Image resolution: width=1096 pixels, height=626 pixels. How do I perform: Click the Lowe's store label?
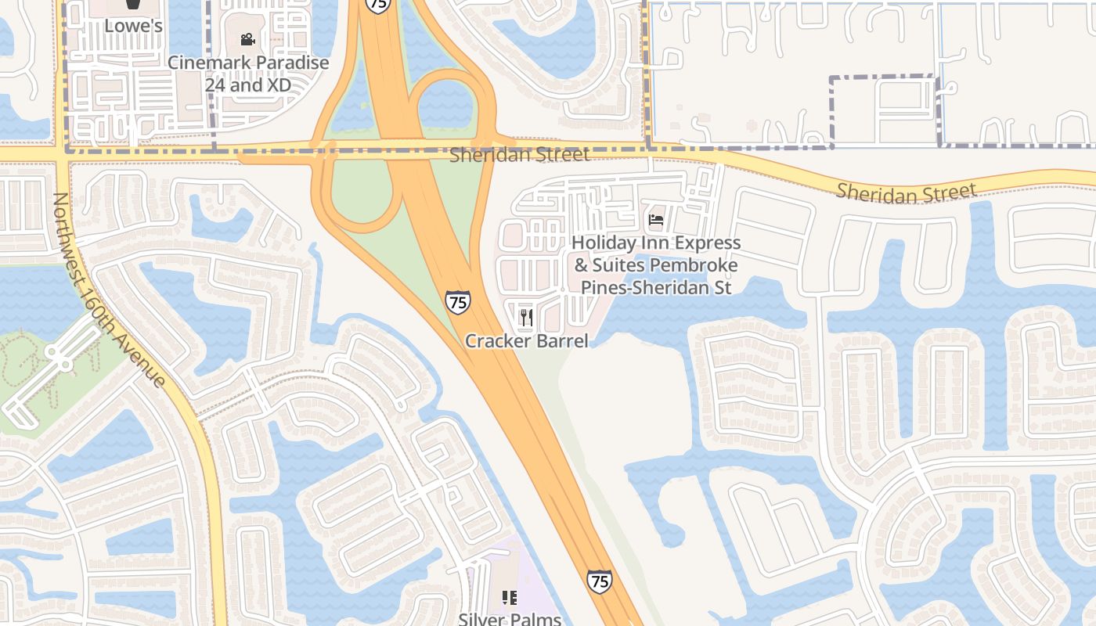coord(133,26)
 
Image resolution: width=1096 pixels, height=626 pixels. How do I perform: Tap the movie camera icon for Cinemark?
coord(247,39)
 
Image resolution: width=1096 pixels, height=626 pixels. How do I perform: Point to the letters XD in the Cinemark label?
coord(277,84)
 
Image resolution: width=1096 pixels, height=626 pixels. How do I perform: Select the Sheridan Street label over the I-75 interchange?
coord(519,155)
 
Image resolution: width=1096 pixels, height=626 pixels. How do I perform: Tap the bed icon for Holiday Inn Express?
coord(656,220)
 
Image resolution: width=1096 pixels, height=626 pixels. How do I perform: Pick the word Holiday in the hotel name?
coord(608,243)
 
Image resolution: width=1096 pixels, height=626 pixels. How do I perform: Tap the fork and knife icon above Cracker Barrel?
coord(526,317)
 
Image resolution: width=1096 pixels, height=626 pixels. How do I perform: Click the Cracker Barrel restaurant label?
coord(526,340)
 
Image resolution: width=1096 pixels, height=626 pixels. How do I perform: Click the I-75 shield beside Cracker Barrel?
coord(457,302)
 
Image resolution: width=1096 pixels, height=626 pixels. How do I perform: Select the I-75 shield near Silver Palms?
coord(599,581)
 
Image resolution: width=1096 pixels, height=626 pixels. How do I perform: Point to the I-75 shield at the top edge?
coord(378,5)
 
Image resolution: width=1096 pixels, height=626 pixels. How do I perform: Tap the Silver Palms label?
coord(510,619)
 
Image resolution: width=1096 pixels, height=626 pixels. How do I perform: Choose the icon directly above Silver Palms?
coord(510,599)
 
